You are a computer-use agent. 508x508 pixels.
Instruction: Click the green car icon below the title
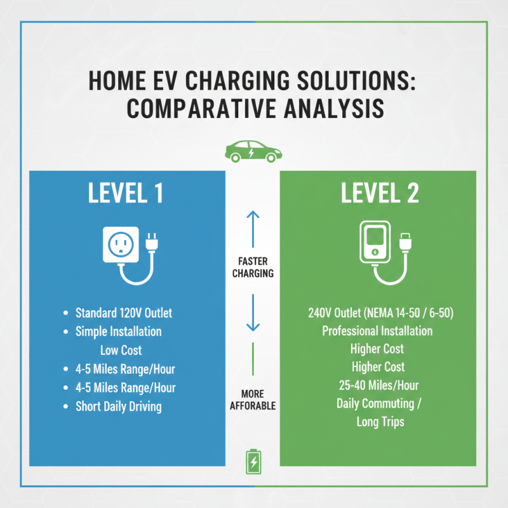point(253,152)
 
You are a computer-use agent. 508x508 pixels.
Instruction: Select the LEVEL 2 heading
point(380,194)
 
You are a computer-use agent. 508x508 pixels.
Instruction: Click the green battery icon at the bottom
point(253,462)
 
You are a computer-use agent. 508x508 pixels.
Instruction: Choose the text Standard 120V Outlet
point(124,313)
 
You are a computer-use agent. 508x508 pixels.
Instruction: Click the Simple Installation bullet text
point(119,331)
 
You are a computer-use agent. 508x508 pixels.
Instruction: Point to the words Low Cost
point(121,350)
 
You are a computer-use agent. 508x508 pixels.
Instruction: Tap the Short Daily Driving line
point(119,406)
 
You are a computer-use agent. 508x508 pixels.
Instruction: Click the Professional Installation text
point(377,331)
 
